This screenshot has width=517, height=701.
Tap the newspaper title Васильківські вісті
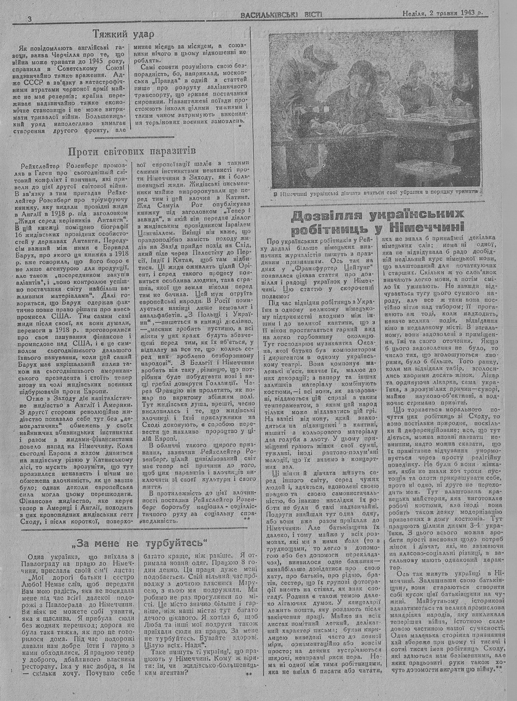281,14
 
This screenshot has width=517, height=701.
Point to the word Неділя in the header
413,14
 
